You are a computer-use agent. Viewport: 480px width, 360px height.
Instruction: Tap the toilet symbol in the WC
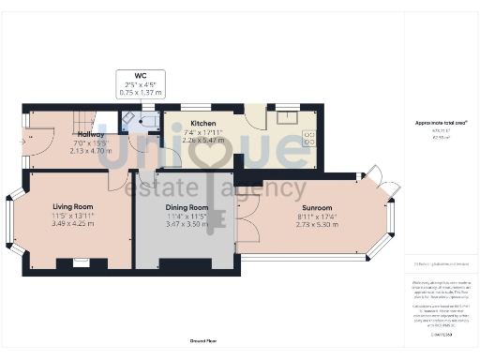(147, 121)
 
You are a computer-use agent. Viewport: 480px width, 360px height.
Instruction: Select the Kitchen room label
(204, 123)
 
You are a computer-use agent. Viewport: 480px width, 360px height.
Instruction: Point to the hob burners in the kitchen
(309, 140)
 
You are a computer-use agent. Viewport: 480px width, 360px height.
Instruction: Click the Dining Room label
(187, 207)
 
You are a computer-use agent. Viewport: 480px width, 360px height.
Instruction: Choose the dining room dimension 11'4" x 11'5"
(187, 216)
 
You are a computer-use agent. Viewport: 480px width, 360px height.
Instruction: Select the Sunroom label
(317, 207)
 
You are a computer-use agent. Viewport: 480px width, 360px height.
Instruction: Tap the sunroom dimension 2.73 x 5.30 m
(317, 225)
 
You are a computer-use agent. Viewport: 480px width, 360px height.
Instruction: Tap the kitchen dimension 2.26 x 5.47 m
(204, 140)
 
